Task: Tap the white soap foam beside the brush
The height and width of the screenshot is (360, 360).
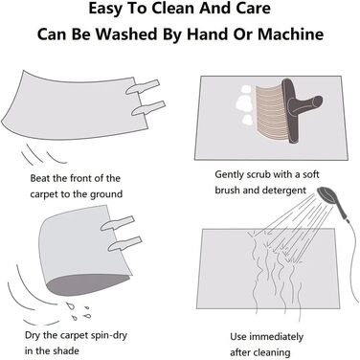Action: point(244,104)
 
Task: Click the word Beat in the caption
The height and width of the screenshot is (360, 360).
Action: point(40,178)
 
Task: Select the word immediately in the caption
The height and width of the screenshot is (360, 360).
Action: point(276,337)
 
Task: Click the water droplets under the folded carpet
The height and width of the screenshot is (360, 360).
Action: point(78,310)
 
